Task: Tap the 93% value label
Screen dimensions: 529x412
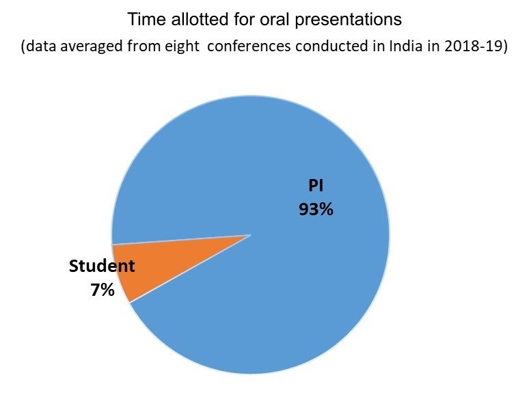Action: [x=316, y=209]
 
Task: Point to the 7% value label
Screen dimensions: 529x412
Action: [x=103, y=290]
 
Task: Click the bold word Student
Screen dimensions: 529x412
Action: [x=102, y=266]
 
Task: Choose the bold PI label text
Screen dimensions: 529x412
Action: [x=316, y=185]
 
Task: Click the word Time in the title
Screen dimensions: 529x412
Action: [x=147, y=19]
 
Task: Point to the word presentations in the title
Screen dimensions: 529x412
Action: [x=348, y=20]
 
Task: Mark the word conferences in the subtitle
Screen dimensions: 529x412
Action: [x=249, y=46]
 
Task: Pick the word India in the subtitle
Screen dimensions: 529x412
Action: [x=405, y=46]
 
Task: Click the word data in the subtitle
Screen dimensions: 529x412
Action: [x=41, y=46]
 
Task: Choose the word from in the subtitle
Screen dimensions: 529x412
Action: [x=144, y=46]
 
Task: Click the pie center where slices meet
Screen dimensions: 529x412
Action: [x=251, y=235]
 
